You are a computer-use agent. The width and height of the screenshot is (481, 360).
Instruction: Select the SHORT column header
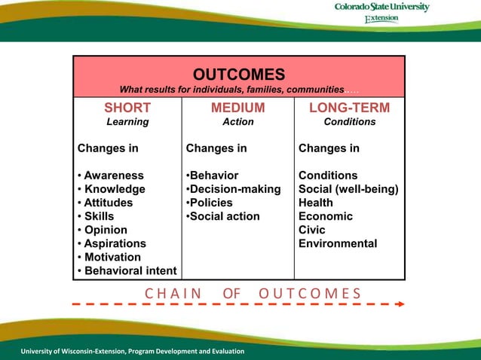point(127,108)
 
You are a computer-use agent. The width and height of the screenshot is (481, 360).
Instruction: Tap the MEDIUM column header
point(237,108)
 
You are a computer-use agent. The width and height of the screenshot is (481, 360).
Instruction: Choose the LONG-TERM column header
point(349,108)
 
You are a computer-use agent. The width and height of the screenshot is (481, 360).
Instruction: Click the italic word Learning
point(127,121)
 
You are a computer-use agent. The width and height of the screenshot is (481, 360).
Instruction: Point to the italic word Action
point(237,121)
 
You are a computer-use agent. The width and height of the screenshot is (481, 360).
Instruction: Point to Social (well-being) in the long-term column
point(348,189)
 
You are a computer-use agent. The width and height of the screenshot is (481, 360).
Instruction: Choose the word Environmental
point(338,243)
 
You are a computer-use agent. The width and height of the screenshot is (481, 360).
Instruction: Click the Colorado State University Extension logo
point(381,12)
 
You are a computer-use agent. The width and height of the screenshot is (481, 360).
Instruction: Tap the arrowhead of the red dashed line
point(401,304)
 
